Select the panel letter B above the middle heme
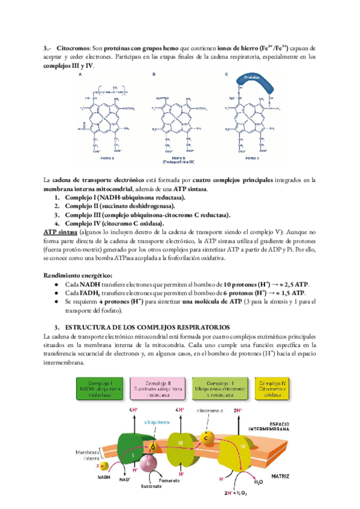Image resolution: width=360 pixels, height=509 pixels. click(x=154, y=74)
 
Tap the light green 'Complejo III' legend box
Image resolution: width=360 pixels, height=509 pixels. click(x=216, y=387)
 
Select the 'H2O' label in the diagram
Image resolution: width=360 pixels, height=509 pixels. click(x=258, y=482)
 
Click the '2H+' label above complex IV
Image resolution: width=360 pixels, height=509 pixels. click(x=238, y=410)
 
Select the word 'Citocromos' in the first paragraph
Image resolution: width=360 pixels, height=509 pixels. click(x=71, y=47)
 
